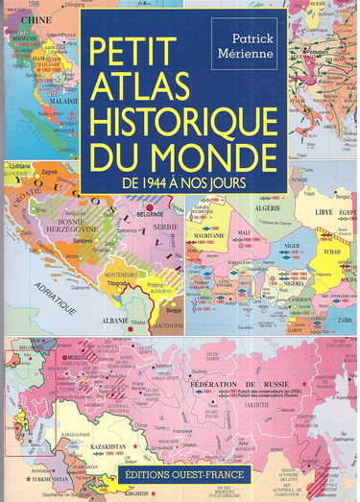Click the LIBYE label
pyautogui.click(x=313, y=206)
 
